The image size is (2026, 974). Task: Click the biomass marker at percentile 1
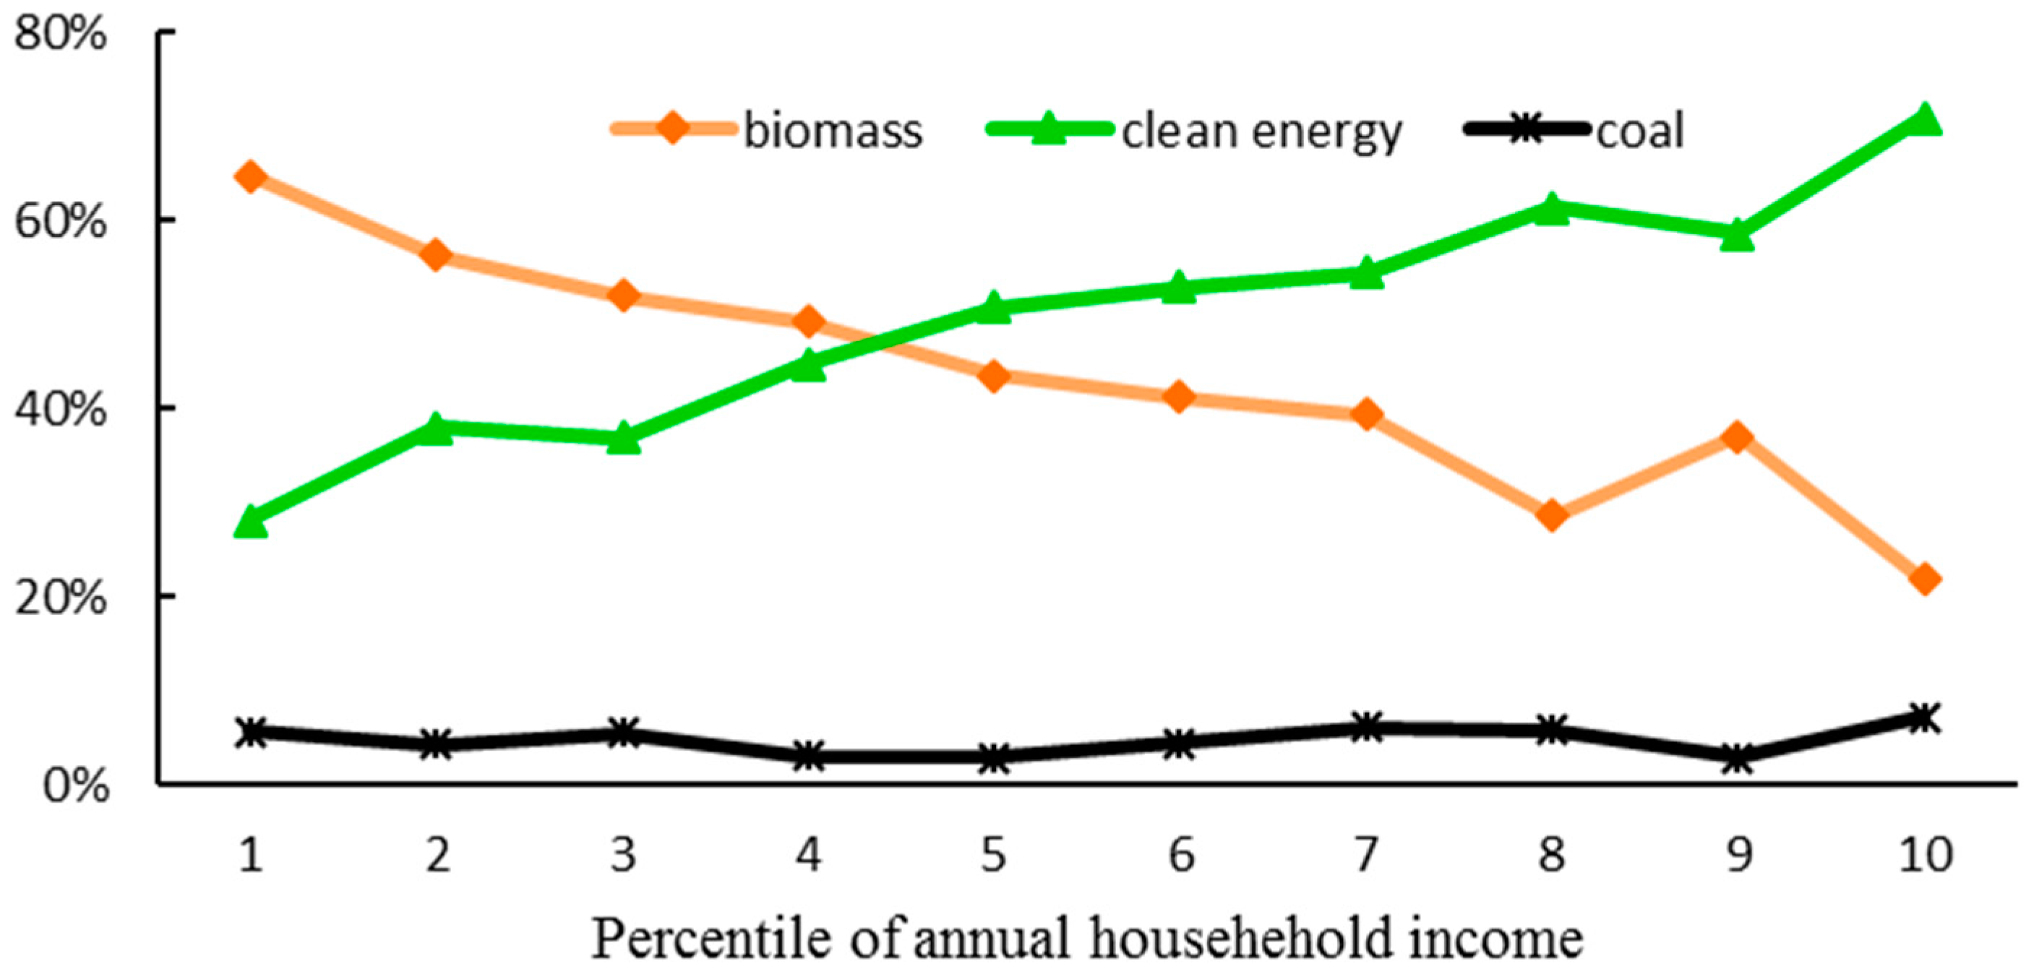pos(251,177)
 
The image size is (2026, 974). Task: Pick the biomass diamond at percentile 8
pos(1552,516)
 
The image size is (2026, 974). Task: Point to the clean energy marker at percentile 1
pos(251,522)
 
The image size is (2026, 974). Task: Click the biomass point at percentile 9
pos(1738,437)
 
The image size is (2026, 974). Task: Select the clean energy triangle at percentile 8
pos(1552,209)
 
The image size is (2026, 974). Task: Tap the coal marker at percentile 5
pos(994,759)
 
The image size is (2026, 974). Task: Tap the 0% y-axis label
pos(74,785)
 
